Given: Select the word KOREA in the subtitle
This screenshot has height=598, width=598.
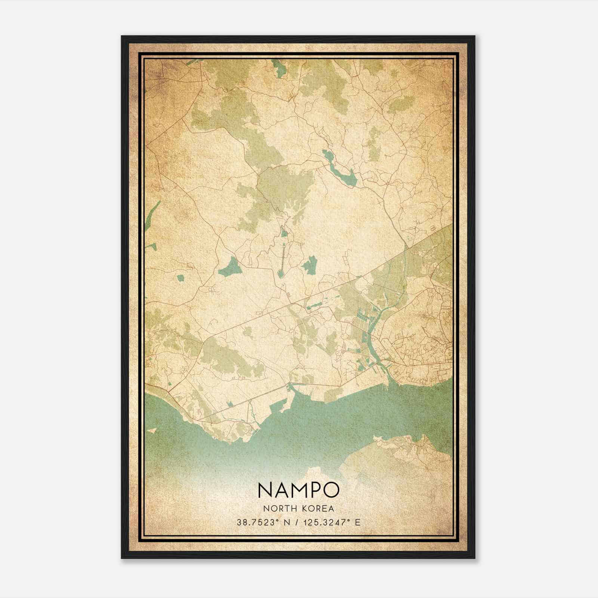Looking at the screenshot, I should pyautogui.click(x=318, y=508).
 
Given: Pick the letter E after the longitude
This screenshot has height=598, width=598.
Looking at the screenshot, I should pyautogui.click(x=358, y=522).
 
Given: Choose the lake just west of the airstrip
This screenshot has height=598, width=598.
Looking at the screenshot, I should pyautogui.click(x=229, y=267).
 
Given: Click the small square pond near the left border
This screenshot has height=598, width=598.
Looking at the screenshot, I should pyautogui.click(x=181, y=278).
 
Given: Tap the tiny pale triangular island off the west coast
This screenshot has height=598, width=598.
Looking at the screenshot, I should pyautogui.click(x=151, y=430).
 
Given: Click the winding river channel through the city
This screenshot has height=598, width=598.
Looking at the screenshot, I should pyautogui.click(x=374, y=329).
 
